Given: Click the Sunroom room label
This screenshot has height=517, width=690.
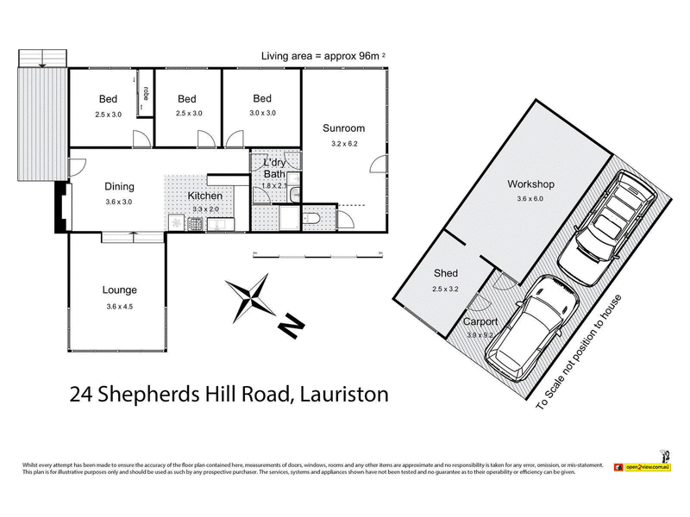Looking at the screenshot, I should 343,128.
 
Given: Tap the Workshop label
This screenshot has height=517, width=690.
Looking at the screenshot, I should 530,184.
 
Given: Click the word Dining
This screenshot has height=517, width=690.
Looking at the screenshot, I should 119,186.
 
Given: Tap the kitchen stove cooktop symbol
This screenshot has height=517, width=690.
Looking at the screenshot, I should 195,225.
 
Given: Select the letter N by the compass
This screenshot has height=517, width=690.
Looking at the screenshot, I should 292,326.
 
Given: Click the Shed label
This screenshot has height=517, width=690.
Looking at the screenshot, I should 445,274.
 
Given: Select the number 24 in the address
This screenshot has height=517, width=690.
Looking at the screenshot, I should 82,395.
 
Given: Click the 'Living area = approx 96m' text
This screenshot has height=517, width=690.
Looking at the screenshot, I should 320,56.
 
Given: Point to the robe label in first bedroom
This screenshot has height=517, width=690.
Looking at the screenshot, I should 147,94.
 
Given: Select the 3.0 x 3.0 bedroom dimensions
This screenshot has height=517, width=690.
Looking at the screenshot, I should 262,113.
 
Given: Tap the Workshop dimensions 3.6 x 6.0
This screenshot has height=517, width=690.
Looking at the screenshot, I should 530,199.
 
